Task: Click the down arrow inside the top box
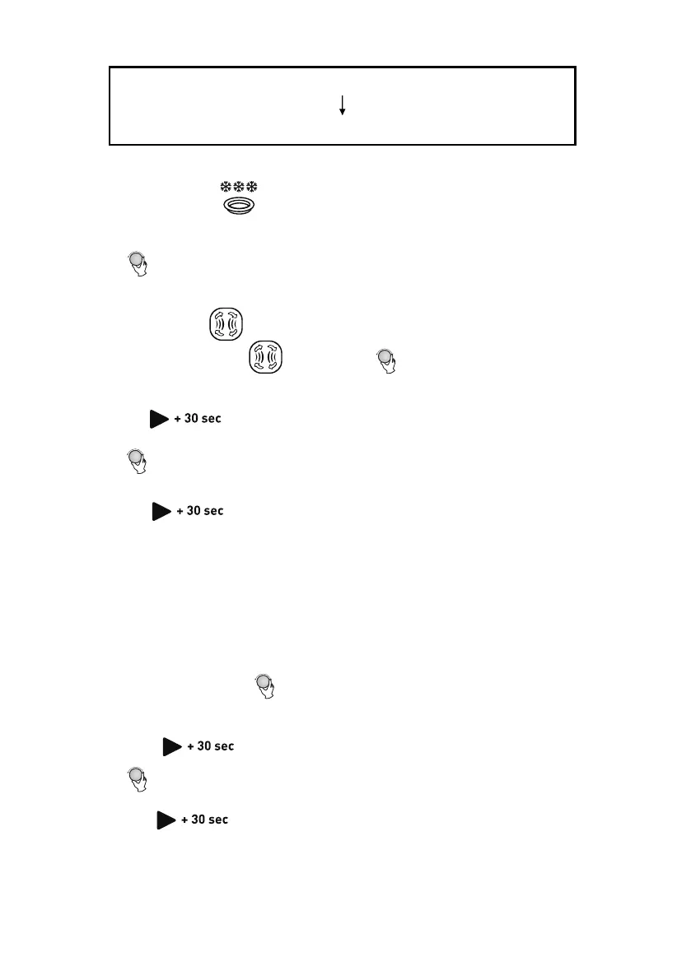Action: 342,105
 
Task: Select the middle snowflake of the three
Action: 238,188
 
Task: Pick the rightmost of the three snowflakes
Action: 251,188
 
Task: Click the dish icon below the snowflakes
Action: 238,207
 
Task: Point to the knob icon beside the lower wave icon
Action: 385,360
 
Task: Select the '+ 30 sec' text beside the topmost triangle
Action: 198,419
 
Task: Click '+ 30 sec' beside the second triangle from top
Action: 201,511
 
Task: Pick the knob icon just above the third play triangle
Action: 265,685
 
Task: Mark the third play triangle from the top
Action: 172,746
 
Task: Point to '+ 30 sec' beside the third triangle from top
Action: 212,746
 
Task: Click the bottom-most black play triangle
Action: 166,820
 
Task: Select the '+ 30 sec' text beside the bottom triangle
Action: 205,820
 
